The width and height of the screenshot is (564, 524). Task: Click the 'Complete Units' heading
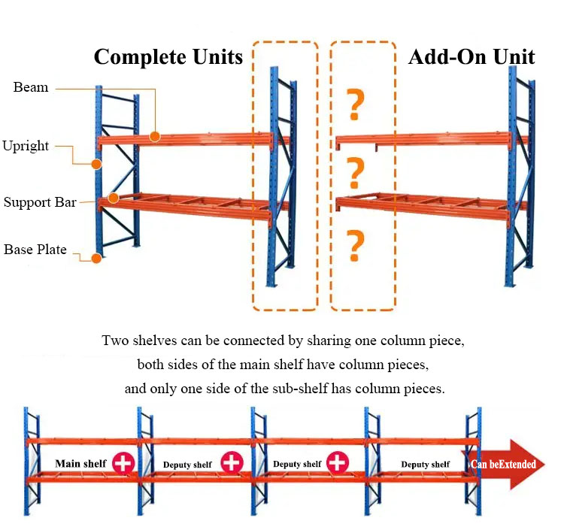tap(168, 57)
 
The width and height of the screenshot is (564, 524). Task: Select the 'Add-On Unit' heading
tap(472, 57)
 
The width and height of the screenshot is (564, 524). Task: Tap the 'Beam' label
tap(31, 87)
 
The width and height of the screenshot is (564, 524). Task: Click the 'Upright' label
tap(26, 146)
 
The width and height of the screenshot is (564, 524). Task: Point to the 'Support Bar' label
tap(40, 202)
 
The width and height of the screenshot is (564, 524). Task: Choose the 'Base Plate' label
tap(35, 250)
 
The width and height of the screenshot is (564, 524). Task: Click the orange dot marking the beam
tap(155, 137)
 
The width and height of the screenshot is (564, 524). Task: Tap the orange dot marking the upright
tap(96, 165)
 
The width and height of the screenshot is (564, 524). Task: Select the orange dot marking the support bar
tap(114, 198)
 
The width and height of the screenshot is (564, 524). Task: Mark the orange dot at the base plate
tap(96, 258)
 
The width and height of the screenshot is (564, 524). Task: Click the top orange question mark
tap(355, 104)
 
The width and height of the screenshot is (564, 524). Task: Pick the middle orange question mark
tap(355, 174)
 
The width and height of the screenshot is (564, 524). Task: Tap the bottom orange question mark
tap(355, 246)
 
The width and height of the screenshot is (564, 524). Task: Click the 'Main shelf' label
tap(80, 464)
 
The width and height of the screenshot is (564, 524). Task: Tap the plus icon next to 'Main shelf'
tap(123, 463)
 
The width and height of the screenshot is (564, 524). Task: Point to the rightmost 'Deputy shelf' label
tap(425, 465)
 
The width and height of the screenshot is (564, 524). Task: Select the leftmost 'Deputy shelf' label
tap(187, 465)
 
